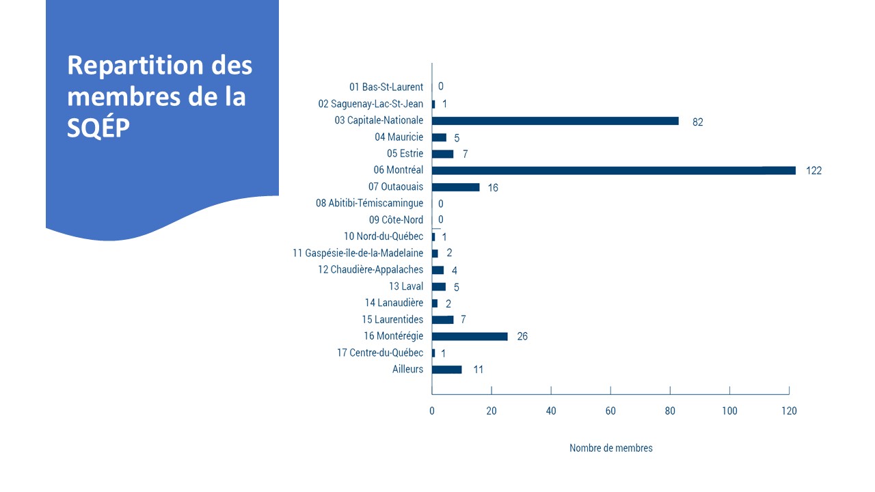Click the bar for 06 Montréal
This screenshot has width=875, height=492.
613,170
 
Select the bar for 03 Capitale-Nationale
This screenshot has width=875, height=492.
555,121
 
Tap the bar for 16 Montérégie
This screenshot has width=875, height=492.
470,336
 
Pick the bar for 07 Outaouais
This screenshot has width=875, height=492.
455,187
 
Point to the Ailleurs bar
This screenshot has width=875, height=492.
446,370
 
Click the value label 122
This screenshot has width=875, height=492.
813,171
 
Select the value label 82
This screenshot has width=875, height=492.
697,122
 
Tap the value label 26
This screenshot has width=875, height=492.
522,336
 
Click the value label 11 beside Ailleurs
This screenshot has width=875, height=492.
479,370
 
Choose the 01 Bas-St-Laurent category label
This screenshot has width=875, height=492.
386,87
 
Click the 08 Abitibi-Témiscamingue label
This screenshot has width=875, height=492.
369,203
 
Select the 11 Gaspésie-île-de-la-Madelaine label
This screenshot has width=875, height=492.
358,253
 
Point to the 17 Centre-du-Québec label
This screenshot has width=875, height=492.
379,353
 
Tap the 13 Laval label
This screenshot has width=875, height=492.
406,286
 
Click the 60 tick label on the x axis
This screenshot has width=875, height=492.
610,411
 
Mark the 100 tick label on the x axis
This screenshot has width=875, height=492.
729,411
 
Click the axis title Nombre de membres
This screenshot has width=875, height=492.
610,448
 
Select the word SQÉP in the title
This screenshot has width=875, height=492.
98,128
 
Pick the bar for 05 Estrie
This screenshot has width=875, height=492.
442,154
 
